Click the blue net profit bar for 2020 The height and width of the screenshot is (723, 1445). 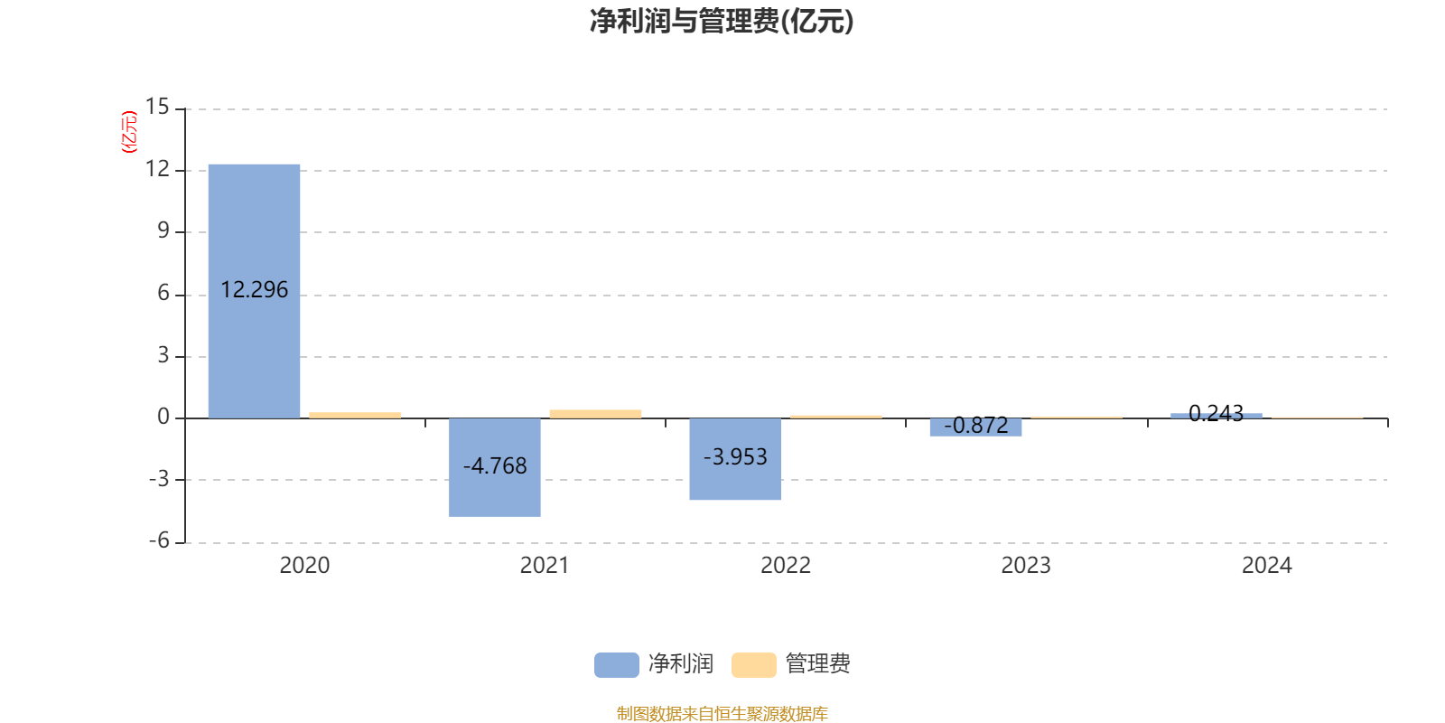coord(254,291)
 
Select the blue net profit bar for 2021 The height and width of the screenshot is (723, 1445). coord(495,467)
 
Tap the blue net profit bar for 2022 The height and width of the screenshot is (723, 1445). coord(735,459)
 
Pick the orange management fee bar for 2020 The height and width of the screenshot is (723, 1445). coord(355,415)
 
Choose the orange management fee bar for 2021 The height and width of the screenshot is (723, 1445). coord(595,414)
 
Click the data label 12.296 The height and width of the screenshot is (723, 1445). coord(254,290)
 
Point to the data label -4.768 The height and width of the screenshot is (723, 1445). coord(495,466)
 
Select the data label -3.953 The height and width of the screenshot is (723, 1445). coord(735,457)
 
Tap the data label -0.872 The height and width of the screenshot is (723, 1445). coord(976,426)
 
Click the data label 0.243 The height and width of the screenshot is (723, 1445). coord(1216,413)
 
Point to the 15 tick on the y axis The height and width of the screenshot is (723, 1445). coord(157,107)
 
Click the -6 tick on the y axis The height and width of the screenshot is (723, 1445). coord(159,541)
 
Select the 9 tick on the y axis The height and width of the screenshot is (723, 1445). coord(163,230)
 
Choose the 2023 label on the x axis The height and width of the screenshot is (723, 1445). coord(1026,566)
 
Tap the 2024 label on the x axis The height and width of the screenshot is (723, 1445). coord(1267,566)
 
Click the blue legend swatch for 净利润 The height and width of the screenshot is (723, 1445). coord(617,665)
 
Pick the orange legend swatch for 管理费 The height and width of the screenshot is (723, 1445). coord(753,665)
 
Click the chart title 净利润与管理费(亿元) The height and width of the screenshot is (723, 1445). coord(722,22)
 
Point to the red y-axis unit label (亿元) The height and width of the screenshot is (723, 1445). coord(129,132)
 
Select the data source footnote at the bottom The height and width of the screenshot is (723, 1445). coord(722,713)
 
